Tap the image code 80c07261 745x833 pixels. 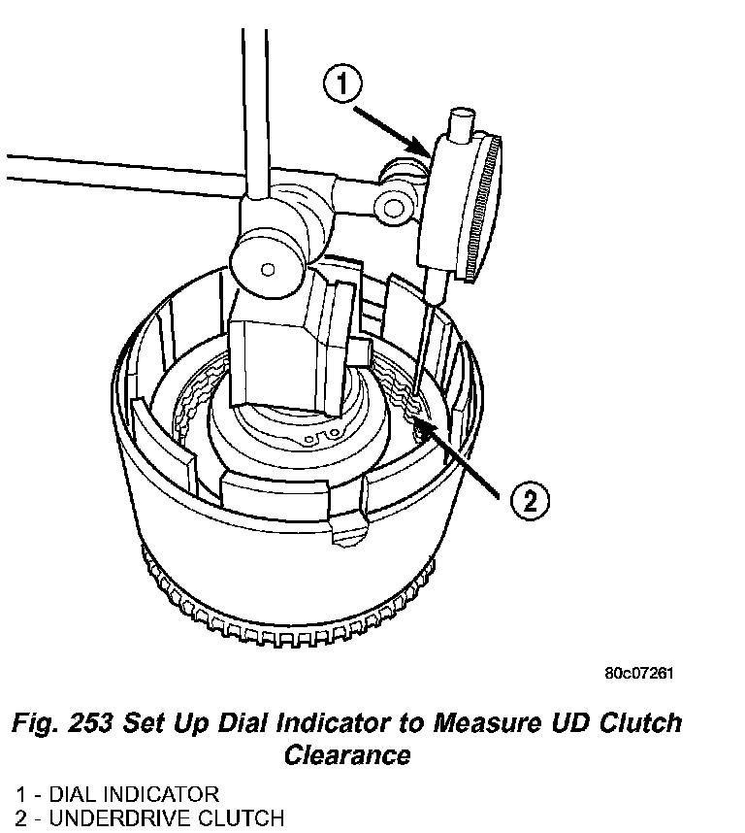tap(638, 672)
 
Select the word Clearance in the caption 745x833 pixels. tap(346, 754)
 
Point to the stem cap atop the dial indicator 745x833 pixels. tap(459, 123)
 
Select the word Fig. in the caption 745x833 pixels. tap(40, 723)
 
